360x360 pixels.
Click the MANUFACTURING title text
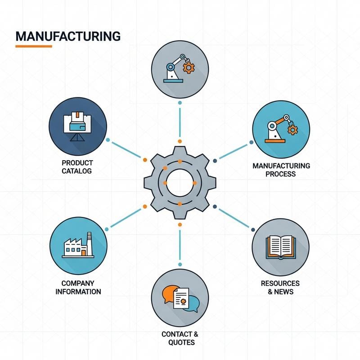68,36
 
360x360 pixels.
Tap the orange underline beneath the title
34,46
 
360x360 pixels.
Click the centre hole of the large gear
180,183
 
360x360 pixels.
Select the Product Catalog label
77,167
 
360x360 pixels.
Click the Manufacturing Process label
281,170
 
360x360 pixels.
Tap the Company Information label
78,288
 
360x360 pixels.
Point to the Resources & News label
280,288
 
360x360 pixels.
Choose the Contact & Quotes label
180,338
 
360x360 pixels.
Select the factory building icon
78,245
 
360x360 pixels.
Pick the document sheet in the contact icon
181,298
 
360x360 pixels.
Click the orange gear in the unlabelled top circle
189,67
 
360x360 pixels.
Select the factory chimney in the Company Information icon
90,244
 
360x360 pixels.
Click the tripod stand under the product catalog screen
77,137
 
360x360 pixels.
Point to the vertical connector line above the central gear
180,122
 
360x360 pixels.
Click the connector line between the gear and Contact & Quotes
180,244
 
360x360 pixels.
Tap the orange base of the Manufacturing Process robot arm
275,141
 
